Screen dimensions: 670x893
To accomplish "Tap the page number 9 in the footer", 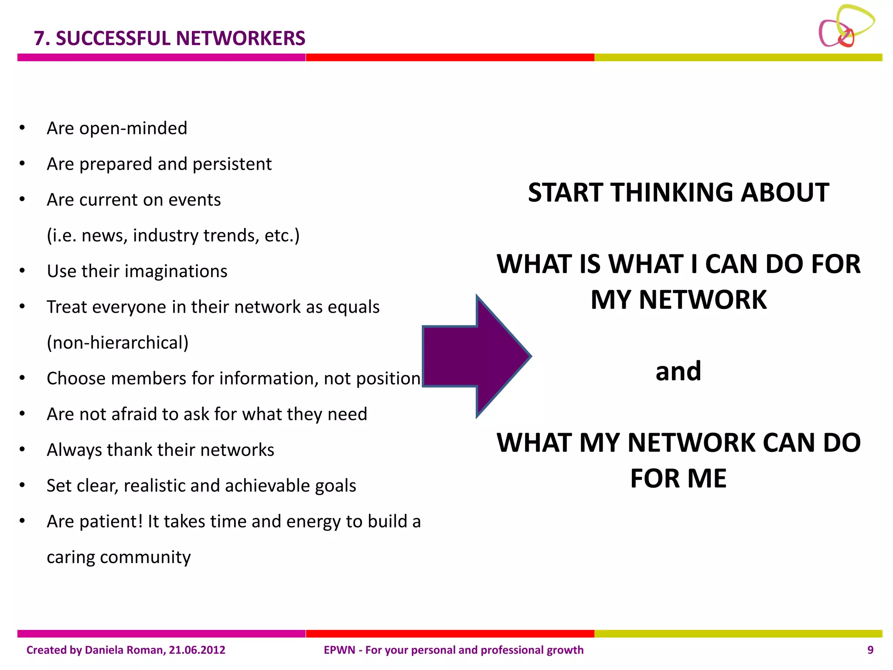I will (870, 650).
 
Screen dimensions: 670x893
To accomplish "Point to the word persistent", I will (232, 164).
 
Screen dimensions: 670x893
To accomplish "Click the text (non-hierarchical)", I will (118, 343).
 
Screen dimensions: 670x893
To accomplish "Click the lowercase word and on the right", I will (678, 371).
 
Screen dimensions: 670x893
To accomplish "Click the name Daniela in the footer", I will (105, 650).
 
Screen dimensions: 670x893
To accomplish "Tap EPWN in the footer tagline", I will (340, 650).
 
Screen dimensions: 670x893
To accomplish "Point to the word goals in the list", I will (335, 486).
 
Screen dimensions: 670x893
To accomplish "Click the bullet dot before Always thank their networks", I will (22, 449).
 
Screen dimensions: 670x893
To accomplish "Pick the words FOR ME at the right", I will (678, 479).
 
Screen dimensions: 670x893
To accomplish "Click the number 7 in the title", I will (39, 38).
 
